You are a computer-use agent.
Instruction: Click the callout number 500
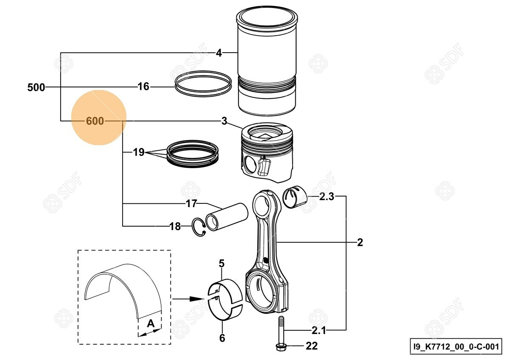click(36, 87)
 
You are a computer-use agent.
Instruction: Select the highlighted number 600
click(95, 121)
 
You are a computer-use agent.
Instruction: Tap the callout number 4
click(219, 53)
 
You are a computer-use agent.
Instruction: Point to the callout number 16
click(143, 87)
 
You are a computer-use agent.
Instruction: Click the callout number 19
click(139, 152)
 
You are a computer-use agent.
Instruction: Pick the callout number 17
click(191, 204)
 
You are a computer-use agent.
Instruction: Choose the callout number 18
click(175, 227)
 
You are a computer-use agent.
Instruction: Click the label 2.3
click(327, 197)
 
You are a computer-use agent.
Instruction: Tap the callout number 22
click(311, 346)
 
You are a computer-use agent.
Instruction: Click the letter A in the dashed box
click(151, 324)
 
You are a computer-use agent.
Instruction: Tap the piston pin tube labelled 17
click(227, 217)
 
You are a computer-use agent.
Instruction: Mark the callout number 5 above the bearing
click(221, 264)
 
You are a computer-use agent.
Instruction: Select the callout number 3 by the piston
click(224, 121)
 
